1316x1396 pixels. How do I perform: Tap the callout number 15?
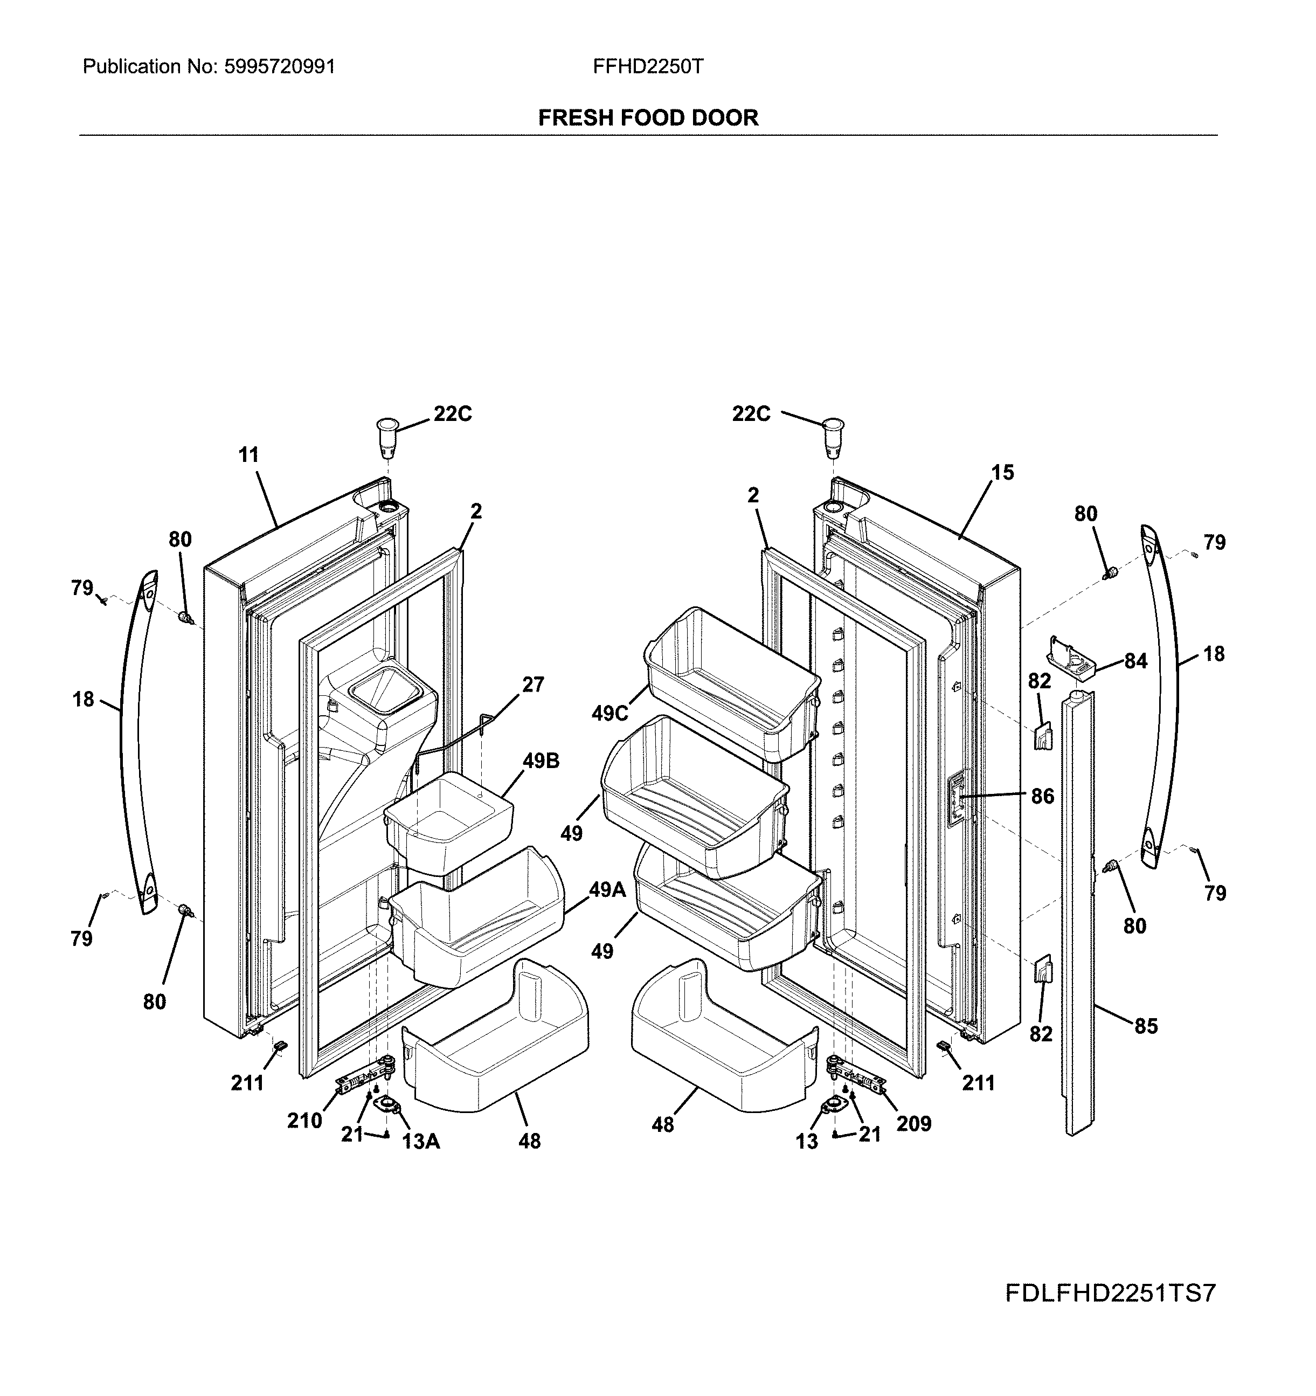(x=1002, y=473)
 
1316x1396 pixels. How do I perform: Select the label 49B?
(x=541, y=761)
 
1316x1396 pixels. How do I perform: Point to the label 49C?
(x=609, y=714)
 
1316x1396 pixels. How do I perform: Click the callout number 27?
(x=533, y=684)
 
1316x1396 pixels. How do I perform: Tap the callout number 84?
(x=1135, y=661)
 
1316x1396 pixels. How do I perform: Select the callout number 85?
(x=1146, y=1027)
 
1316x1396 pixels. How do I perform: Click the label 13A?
(x=421, y=1142)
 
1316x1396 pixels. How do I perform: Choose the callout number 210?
(x=304, y=1121)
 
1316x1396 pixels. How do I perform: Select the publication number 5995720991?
(x=280, y=67)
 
